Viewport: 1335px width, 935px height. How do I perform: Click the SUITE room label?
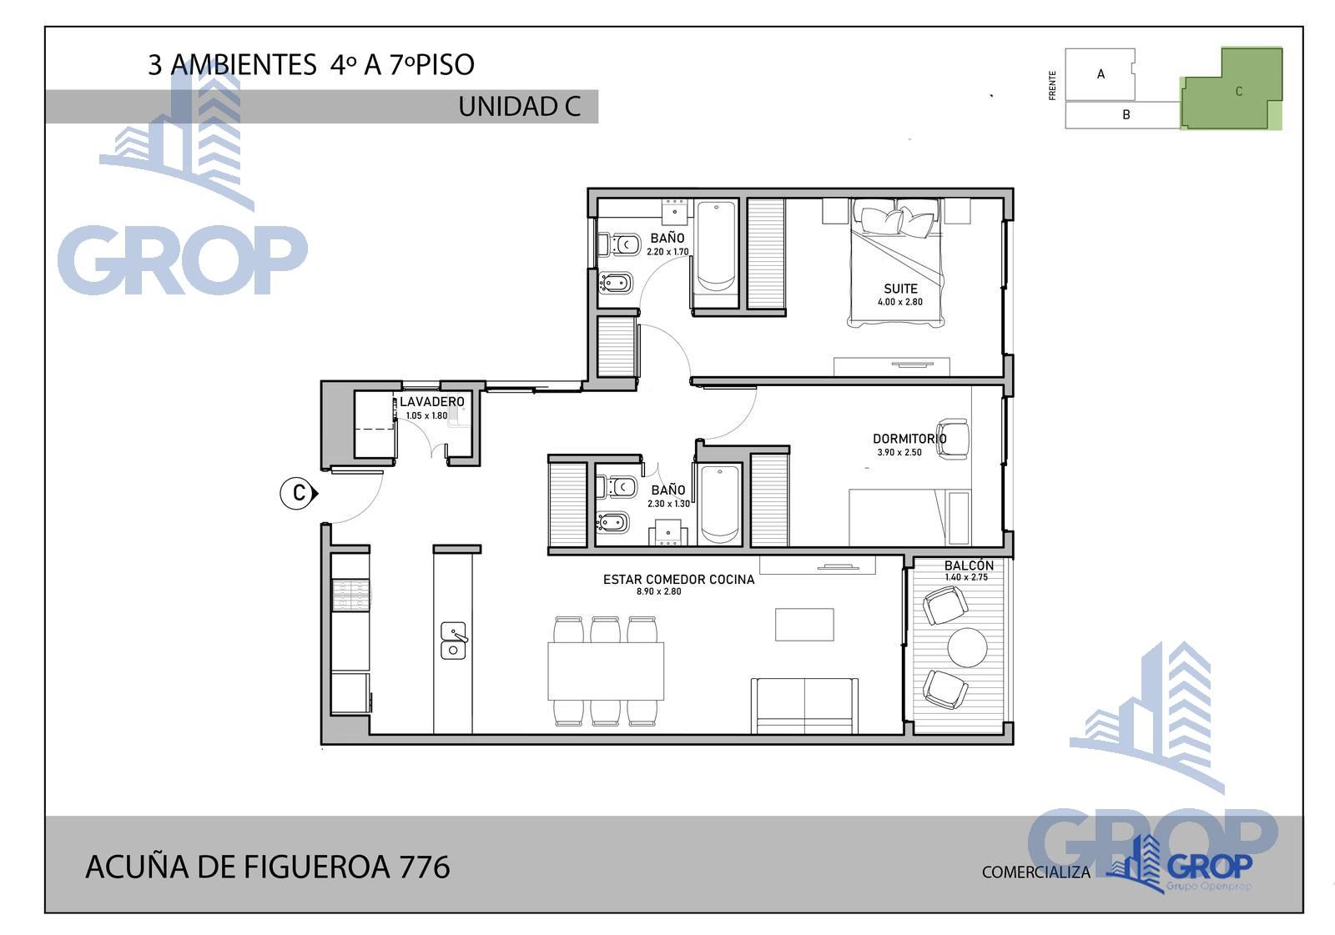[x=900, y=289]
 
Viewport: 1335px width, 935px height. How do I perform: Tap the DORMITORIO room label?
[x=909, y=439]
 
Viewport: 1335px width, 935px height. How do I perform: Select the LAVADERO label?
[x=432, y=402]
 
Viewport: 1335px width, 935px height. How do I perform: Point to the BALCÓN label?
[x=969, y=565]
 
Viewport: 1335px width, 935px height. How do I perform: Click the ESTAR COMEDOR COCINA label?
[x=679, y=579]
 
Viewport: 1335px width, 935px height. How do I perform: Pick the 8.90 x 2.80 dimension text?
[x=658, y=591]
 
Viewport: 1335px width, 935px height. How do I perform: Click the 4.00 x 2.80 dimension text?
[x=900, y=302]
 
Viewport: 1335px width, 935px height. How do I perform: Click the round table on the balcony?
[x=967, y=647]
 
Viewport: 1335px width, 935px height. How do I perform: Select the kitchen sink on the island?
[x=454, y=641]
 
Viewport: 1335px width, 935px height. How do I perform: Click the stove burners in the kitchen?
[x=350, y=595]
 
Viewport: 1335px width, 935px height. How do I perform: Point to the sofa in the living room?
[x=804, y=706]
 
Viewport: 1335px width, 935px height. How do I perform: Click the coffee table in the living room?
[x=804, y=624]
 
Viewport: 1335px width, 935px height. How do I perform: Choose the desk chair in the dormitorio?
[x=953, y=440]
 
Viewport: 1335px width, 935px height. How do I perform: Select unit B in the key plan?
[x=1123, y=115]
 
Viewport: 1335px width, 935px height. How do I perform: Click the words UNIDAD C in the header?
[x=519, y=107]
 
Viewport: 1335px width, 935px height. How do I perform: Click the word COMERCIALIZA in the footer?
[x=1035, y=872]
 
